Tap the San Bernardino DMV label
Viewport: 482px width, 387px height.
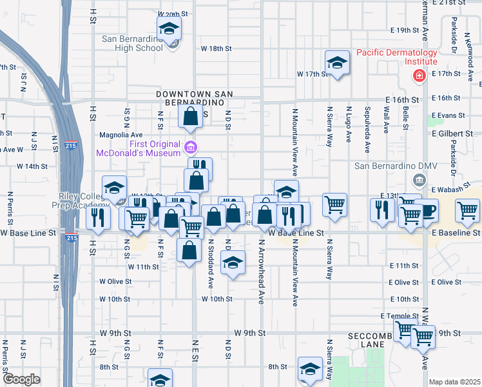click(396, 166)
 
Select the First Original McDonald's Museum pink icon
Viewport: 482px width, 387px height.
click(190, 148)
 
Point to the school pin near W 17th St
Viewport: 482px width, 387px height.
click(336, 63)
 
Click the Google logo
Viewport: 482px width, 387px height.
click(21, 379)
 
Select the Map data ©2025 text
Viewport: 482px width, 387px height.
click(455, 382)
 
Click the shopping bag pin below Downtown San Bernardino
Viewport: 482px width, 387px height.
click(190, 117)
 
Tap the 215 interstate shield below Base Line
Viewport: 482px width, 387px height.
click(70, 238)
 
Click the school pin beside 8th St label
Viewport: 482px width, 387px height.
click(310, 368)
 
